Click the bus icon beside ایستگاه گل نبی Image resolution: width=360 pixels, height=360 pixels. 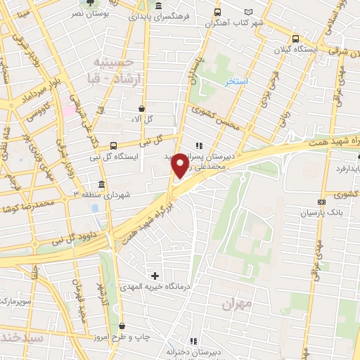pos(114,146)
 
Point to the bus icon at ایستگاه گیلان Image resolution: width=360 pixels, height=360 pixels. pos(295,39)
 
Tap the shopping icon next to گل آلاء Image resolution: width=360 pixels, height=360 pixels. pos(143,109)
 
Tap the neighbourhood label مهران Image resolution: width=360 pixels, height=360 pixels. pos(236,304)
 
